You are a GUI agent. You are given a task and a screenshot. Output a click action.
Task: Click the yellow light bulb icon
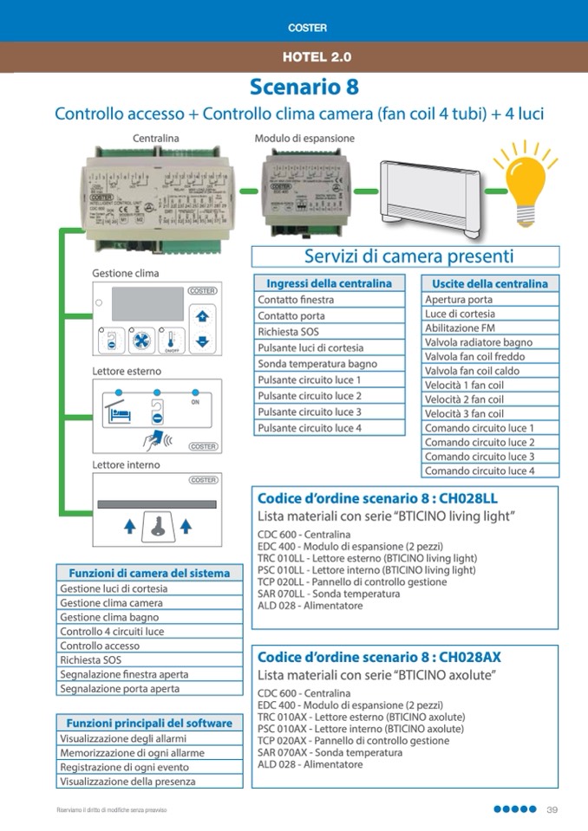click(x=525, y=185)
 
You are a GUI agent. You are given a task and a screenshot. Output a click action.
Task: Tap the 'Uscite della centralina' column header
click(x=490, y=283)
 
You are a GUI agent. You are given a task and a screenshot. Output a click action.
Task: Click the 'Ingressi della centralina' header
click(x=329, y=283)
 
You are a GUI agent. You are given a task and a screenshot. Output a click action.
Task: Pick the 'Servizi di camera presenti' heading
click(x=408, y=256)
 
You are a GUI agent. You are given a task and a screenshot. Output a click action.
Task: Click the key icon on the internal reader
click(x=157, y=525)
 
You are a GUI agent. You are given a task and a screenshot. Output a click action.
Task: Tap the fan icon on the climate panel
click(x=139, y=341)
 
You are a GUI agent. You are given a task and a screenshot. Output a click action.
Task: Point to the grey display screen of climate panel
click(x=147, y=305)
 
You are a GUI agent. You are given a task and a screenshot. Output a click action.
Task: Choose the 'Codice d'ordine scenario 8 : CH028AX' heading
click(x=379, y=657)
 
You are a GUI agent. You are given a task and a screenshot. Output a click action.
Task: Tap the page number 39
click(x=552, y=810)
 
